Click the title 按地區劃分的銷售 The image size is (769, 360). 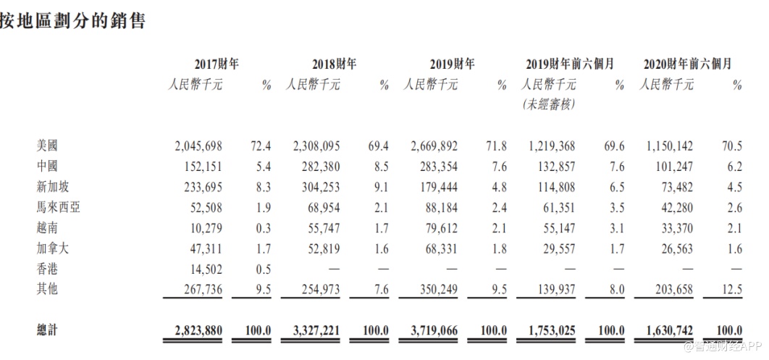coord(73,21)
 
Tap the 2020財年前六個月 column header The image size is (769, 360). coord(687,64)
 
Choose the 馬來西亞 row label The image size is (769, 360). coord(57,208)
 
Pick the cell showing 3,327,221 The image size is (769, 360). coord(316,331)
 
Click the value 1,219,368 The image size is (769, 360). coord(552,146)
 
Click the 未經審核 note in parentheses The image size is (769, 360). coord(548,105)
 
